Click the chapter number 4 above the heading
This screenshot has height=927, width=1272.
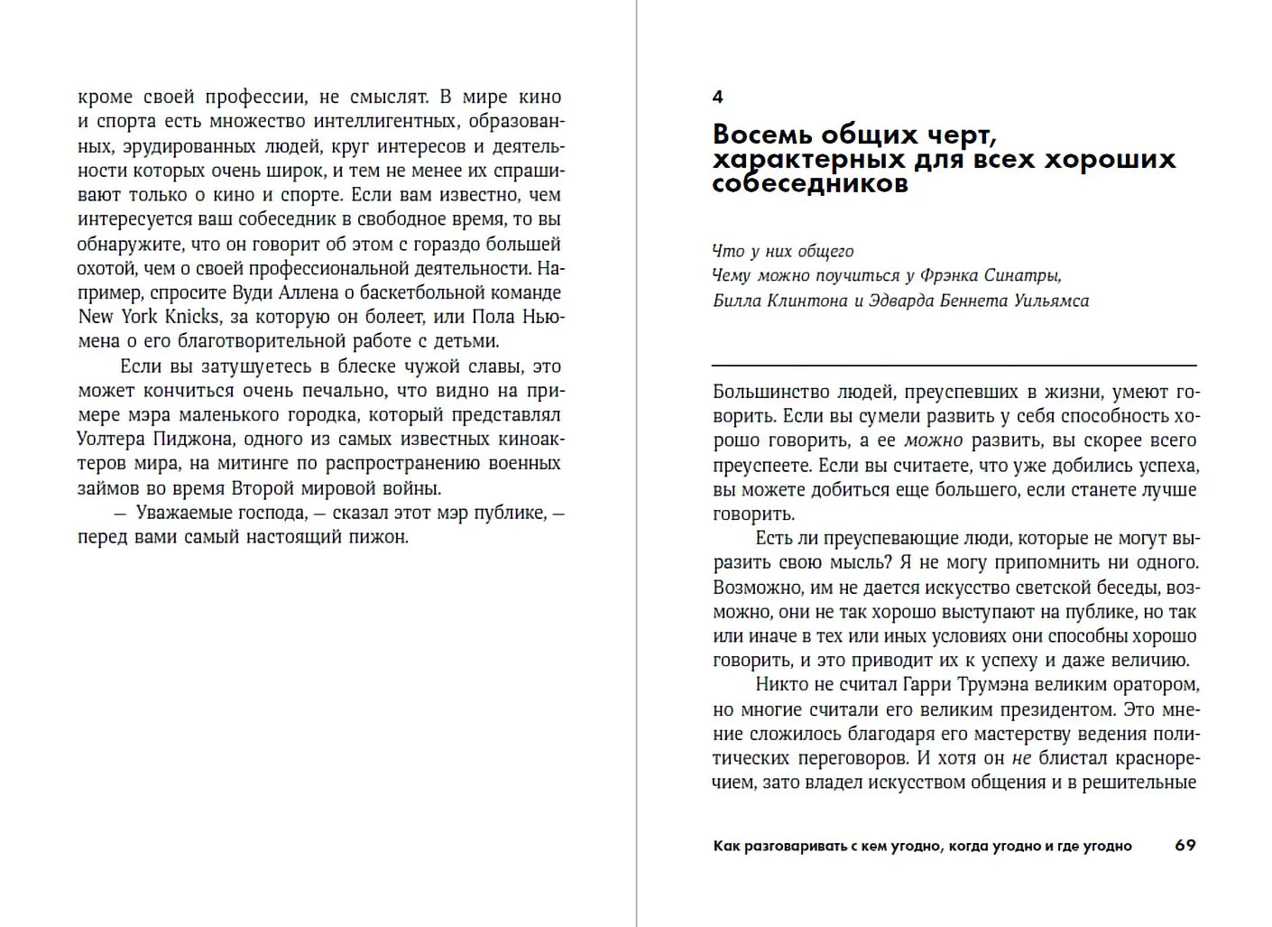pyautogui.click(x=718, y=97)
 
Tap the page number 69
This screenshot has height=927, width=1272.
pyautogui.click(x=1185, y=846)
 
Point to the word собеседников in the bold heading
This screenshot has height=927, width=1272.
pyautogui.click(x=809, y=183)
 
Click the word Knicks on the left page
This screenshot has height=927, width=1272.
pyautogui.click(x=190, y=317)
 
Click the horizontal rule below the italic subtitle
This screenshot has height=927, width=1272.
pyautogui.click(x=954, y=365)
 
